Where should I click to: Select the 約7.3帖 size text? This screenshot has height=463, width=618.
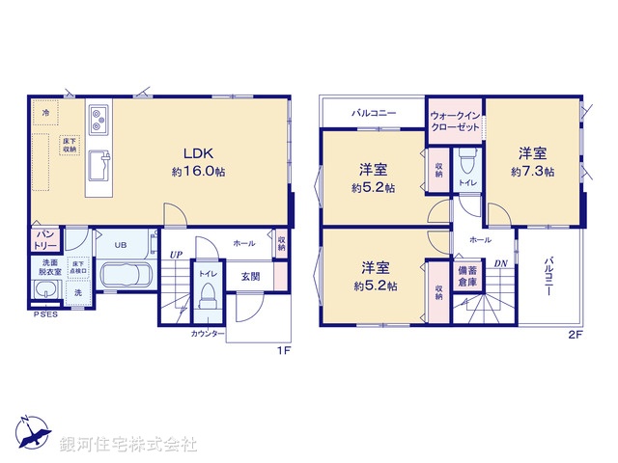click(x=532, y=171)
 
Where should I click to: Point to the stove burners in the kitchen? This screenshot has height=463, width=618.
click(x=100, y=120)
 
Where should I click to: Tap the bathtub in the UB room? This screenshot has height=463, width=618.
click(x=123, y=275)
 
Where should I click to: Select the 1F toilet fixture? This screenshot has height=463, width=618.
click(x=208, y=294)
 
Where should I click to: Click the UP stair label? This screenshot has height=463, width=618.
click(x=176, y=255)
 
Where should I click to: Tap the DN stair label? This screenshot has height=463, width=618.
click(x=500, y=263)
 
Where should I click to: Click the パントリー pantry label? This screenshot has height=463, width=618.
click(x=44, y=238)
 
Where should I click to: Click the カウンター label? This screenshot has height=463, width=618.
click(x=209, y=334)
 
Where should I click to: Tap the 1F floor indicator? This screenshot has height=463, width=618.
click(x=284, y=350)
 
